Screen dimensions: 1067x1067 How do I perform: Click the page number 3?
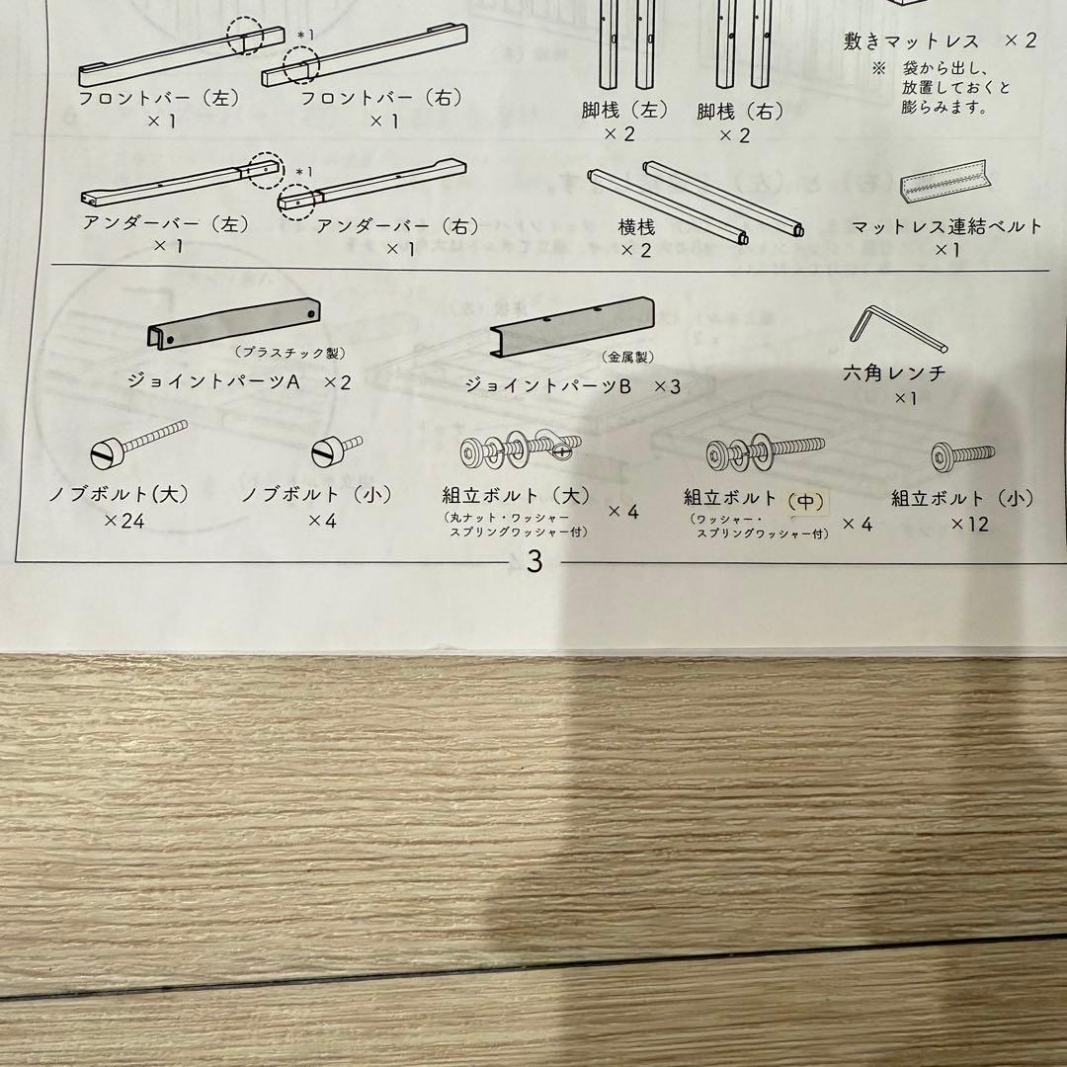(x=534, y=562)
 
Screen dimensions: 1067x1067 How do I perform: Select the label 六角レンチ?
(x=895, y=373)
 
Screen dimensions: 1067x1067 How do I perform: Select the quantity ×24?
(x=123, y=521)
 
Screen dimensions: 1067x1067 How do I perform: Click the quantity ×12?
(x=969, y=524)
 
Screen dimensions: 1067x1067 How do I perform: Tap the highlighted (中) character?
(x=804, y=501)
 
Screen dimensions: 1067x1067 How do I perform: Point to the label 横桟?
(x=636, y=227)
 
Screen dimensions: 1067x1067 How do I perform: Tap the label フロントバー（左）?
(x=159, y=99)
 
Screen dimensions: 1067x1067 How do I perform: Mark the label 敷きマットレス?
(x=912, y=41)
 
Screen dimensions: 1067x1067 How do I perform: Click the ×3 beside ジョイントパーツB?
(x=668, y=386)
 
